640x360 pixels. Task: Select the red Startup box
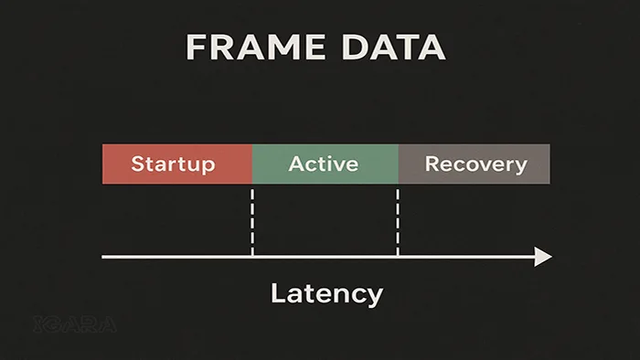[176, 164]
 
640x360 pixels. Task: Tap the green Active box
[325, 164]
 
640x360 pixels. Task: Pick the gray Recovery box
[475, 164]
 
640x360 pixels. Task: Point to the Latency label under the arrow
[326, 294]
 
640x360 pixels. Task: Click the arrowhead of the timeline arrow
[544, 257]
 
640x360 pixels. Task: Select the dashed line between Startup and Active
[252, 219]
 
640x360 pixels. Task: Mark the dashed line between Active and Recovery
[398, 219]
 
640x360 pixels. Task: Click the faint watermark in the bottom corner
[73, 323]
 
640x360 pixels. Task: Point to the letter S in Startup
[138, 164]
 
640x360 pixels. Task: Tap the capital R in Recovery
[432, 164]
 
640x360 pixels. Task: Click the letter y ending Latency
[374, 297]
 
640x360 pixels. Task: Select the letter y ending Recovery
[521, 167]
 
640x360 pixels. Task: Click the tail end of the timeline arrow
[104, 257]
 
